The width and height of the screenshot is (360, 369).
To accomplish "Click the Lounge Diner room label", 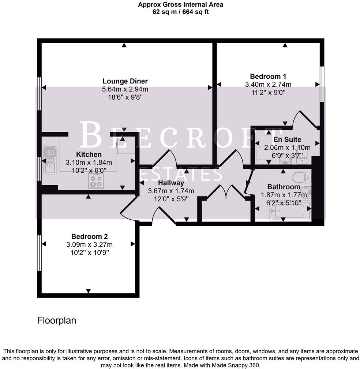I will tap(125, 81).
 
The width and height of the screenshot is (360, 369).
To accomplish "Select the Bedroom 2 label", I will tap(89, 236).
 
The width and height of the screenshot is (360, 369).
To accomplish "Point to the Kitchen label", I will tap(89, 154).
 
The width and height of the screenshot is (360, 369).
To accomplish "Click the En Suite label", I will tap(287, 139).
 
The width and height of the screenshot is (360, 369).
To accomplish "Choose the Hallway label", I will tap(171, 183).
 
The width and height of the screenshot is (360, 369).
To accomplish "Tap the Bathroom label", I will tap(284, 187).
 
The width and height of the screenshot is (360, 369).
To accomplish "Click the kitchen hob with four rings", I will tap(96, 181).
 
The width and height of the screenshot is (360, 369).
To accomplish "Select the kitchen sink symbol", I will tap(50, 161).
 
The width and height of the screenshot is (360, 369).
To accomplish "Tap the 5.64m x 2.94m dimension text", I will tap(125, 89).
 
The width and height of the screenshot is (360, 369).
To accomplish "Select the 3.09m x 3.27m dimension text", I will tap(89, 245).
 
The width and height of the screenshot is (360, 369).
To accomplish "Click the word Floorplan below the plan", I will tap(57, 321).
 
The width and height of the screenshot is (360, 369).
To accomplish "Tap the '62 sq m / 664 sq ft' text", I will tap(180, 12).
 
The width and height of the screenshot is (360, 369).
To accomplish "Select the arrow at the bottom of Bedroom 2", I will tap(88, 291).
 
